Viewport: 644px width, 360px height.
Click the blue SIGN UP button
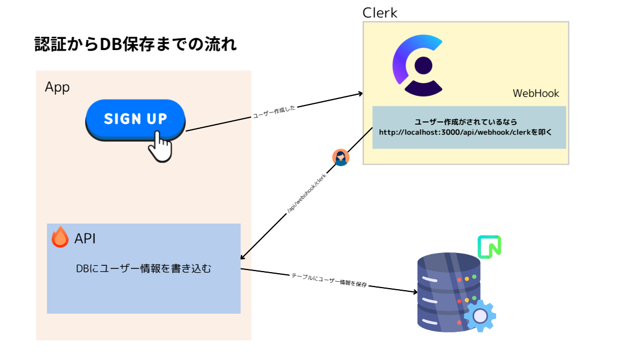135,118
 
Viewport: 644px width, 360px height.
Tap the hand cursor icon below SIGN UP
160,146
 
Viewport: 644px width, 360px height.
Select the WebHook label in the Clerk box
535,93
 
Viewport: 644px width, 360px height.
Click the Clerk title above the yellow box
379,13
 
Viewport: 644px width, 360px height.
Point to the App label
57,87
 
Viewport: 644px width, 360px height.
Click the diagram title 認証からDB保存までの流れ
135,44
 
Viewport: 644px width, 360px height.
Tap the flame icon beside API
60,238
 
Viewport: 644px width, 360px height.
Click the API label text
85,239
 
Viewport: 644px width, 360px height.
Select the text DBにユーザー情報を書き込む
143,269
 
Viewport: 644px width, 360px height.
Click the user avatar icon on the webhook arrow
341,158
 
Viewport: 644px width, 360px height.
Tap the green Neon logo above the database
489,247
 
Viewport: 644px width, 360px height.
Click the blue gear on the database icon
480,316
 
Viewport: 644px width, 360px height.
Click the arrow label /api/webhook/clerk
307,194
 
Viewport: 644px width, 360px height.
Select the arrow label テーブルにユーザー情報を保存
329,281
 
